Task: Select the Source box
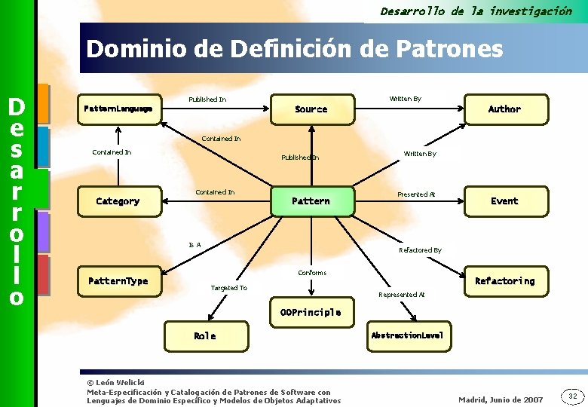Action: (x=311, y=109)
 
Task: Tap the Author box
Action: (x=504, y=109)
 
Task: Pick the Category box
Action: (x=118, y=201)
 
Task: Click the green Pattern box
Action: (x=311, y=201)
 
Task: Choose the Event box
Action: (x=504, y=201)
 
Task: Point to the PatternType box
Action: (x=118, y=281)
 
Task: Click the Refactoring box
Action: (x=504, y=281)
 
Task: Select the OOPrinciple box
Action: (x=311, y=312)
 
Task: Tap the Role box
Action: (x=204, y=336)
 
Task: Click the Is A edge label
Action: (x=194, y=245)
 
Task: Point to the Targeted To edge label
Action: (x=228, y=288)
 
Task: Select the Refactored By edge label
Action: (x=420, y=250)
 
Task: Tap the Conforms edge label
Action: (x=312, y=272)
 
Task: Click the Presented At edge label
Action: (x=416, y=194)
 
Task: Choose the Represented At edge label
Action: (x=402, y=295)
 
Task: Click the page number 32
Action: (x=572, y=396)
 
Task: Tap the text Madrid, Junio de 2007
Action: (x=501, y=399)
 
